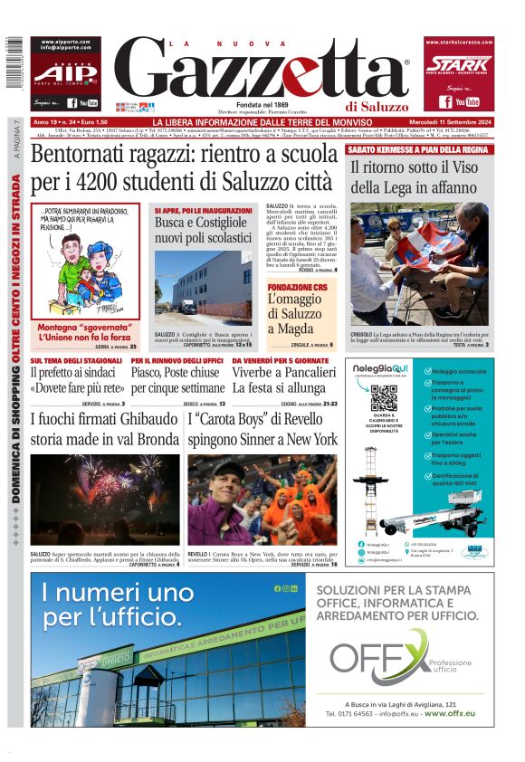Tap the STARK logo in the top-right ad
(458, 64)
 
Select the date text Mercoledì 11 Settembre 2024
(447, 122)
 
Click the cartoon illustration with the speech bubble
(85, 262)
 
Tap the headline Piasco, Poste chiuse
(176, 371)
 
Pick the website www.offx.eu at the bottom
(448, 713)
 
